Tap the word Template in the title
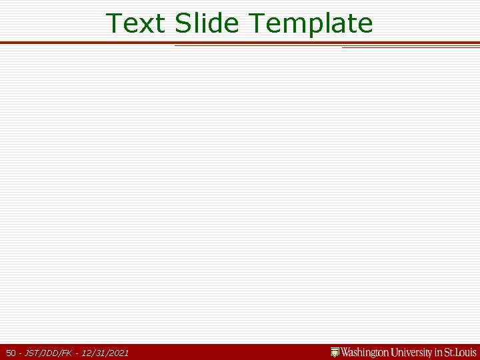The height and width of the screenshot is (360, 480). (x=311, y=24)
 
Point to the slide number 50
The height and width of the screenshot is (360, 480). (x=11, y=353)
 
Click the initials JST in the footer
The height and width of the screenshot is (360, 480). (x=31, y=353)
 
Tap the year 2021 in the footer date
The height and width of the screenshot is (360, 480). (x=118, y=353)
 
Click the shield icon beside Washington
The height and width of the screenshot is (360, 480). (x=335, y=352)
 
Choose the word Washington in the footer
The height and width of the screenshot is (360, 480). (x=365, y=352)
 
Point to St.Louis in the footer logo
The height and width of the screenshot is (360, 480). (x=461, y=352)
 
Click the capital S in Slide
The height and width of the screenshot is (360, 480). (x=182, y=23)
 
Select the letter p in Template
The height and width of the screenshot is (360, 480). (x=315, y=25)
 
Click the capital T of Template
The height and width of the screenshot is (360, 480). (x=257, y=23)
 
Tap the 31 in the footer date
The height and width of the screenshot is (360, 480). (x=99, y=353)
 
